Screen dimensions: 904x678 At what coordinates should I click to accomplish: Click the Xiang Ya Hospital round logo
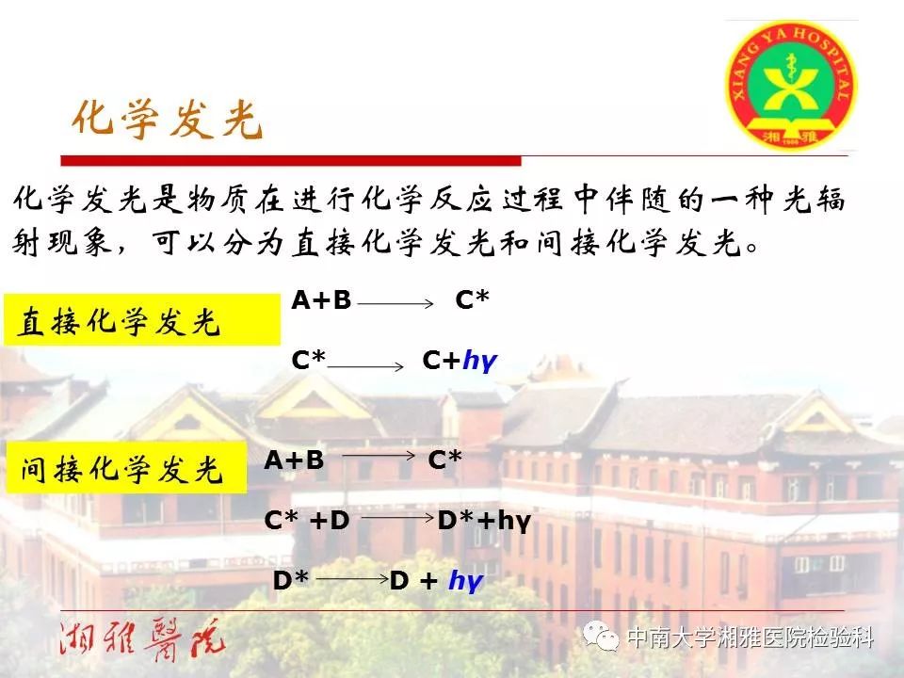click(x=791, y=86)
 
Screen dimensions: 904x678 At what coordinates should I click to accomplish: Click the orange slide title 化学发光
click(x=168, y=120)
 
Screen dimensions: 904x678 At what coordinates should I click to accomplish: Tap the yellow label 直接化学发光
click(x=142, y=319)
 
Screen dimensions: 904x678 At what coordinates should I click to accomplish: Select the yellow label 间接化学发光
click(x=125, y=468)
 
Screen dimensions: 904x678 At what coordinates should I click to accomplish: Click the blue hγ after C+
click(x=479, y=361)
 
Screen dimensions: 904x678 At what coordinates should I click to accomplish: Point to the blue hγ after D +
click(x=466, y=580)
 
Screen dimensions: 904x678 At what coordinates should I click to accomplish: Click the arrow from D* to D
click(x=353, y=578)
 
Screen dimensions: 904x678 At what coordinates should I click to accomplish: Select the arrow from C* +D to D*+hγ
click(x=397, y=518)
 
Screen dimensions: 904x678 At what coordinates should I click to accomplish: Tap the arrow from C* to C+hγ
click(x=365, y=366)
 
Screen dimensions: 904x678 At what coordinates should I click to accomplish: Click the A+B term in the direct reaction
click(x=321, y=300)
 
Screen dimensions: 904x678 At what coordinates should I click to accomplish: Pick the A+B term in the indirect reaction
click(x=294, y=460)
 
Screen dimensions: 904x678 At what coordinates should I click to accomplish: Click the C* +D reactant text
click(x=307, y=520)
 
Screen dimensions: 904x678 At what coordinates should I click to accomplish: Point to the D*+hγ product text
click(x=484, y=521)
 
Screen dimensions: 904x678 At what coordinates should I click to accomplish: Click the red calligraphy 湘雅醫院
click(x=140, y=640)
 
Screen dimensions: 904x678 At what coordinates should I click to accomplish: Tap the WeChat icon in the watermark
click(x=602, y=636)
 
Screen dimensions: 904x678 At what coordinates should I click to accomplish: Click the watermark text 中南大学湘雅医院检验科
click(x=751, y=638)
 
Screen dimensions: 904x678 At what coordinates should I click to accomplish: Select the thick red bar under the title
click(x=291, y=160)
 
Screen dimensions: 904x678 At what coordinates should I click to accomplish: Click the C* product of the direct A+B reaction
click(x=472, y=299)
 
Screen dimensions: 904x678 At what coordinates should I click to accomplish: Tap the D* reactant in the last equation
click(x=291, y=580)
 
